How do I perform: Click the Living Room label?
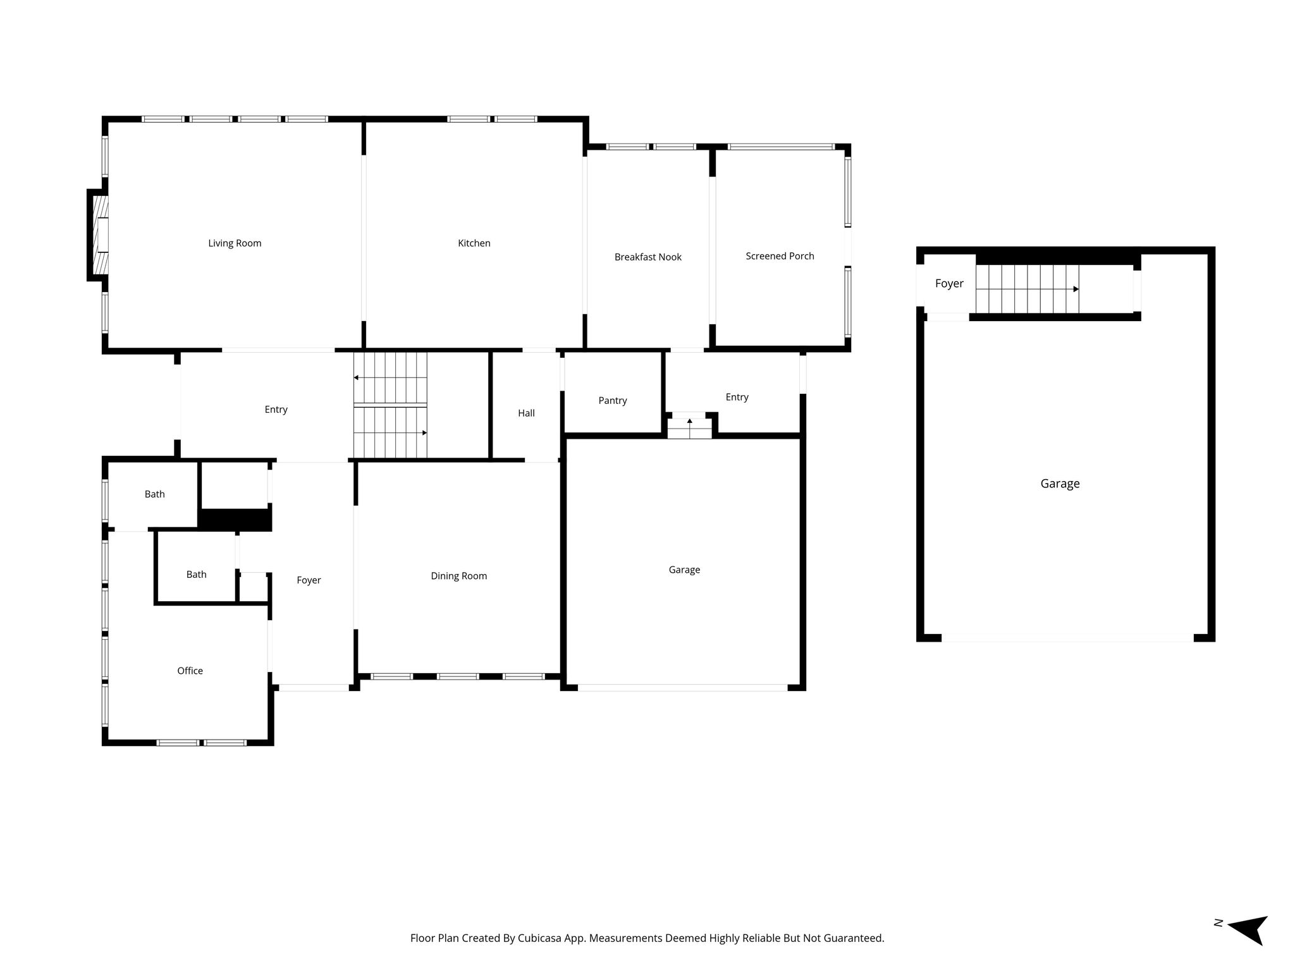(235, 243)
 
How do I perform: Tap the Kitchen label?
(474, 243)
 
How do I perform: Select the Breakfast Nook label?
(648, 257)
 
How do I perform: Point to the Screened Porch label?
(780, 256)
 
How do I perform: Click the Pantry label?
(613, 401)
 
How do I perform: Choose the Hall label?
(526, 413)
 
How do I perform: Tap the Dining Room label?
(459, 576)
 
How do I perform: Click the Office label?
(190, 671)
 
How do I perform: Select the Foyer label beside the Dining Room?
(309, 580)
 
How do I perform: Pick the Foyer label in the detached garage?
(949, 284)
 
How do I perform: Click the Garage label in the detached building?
(1060, 484)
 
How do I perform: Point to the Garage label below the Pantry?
(684, 570)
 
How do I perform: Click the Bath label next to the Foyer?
(196, 575)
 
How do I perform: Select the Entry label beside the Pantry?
(737, 398)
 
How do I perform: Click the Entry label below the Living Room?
(276, 410)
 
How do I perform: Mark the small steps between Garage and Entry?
(689, 428)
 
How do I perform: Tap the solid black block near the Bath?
(235, 520)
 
